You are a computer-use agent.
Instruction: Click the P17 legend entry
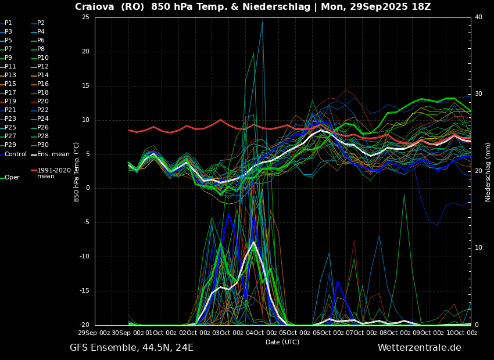click(10, 93)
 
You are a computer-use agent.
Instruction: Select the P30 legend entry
click(42, 145)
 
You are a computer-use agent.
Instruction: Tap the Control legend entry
click(15, 154)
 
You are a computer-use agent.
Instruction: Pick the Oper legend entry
click(12, 178)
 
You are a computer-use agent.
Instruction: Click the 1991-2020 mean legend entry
click(53, 173)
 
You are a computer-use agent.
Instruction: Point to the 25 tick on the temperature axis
click(85, 17)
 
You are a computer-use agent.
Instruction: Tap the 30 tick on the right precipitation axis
click(478, 94)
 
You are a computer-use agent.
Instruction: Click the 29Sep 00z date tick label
click(95, 333)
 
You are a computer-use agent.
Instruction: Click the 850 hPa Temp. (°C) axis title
click(77, 171)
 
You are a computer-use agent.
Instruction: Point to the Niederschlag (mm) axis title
click(488, 172)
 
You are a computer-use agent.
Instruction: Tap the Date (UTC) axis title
click(282, 342)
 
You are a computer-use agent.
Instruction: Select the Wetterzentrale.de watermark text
click(419, 348)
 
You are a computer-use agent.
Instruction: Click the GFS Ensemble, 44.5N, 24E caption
click(131, 348)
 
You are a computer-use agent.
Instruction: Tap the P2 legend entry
click(40, 23)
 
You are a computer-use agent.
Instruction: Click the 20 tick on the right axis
click(478, 171)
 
